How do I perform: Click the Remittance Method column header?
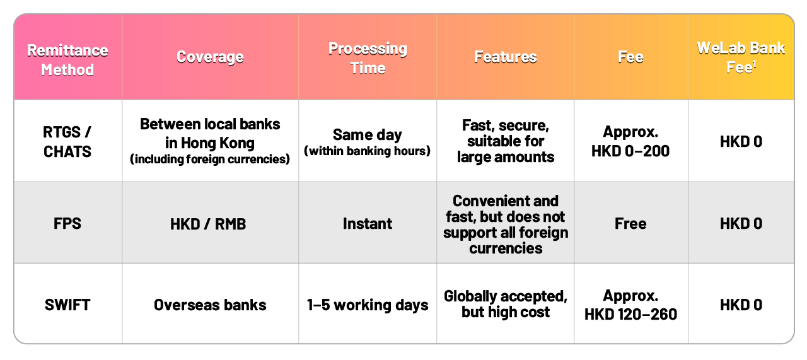pyautogui.click(x=67, y=60)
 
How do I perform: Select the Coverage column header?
pyautogui.click(x=210, y=57)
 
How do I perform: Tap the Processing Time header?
pyautogui.click(x=368, y=58)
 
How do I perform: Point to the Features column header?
pyautogui.click(x=506, y=57)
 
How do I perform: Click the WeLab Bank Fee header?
pyautogui.click(x=741, y=57)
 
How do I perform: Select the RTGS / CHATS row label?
pyautogui.click(x=67, y=142)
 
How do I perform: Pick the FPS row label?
pyautogui.click(x=67, y=223)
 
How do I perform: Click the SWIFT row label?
pyautogui.click(x=67, y=305)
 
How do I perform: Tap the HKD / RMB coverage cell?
pyautogui.click(x=208, y=224)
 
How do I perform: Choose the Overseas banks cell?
pyautogui.click(x=210, y=305)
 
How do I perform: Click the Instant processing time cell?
pyautogui.click(x=368, y=223)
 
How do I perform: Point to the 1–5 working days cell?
pyautogui.click(x=368, y=305)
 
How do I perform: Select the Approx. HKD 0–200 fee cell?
pyautogui.click(x=630, y=141)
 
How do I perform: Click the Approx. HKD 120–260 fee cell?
pyautogui.click(x=630, y=305)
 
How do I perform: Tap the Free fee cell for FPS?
pyautogui.click(x=630, y=223)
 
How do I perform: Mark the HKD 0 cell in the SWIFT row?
pyautogui.click(x=741, y=305)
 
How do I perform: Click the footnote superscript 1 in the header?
pyautogui.click(x=755, y=64)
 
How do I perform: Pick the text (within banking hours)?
pyautogui.click(x=368, y=151)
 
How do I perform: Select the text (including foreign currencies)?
pyautogui.click(x=210, y=159)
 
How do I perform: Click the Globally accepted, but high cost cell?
pyautogui.click(x=506, y=304)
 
